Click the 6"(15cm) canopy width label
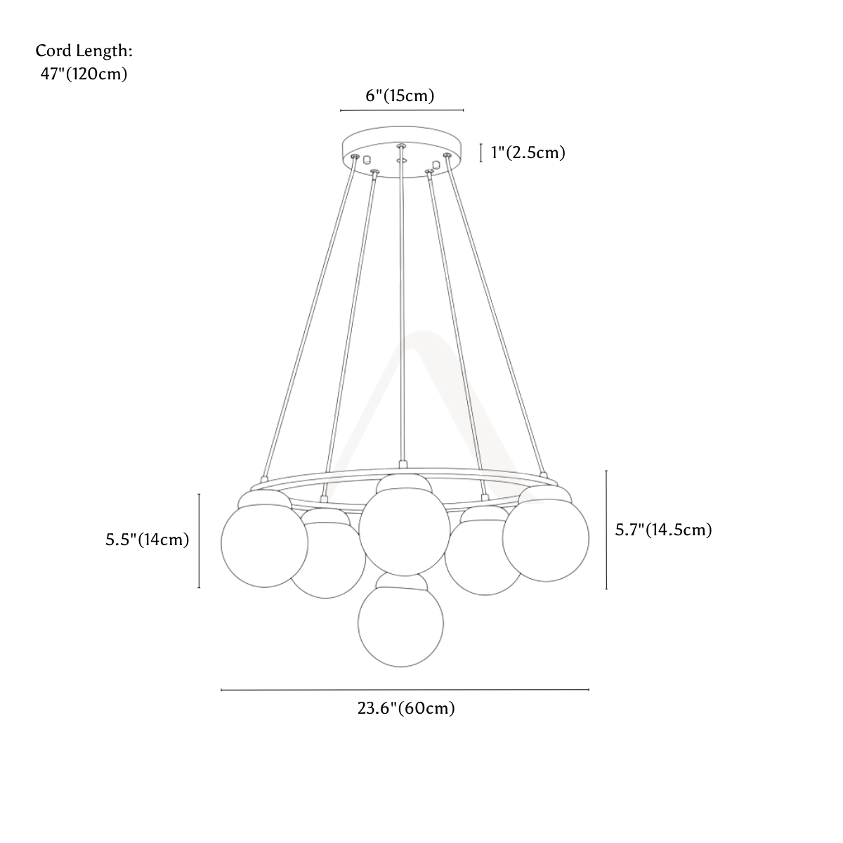(400, 96)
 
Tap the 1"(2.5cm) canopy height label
(528, 152)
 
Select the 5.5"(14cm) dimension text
(147, 540)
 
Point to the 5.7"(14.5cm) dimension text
(664, 530)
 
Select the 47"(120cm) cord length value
(84, 74)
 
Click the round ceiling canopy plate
(402, 152)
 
